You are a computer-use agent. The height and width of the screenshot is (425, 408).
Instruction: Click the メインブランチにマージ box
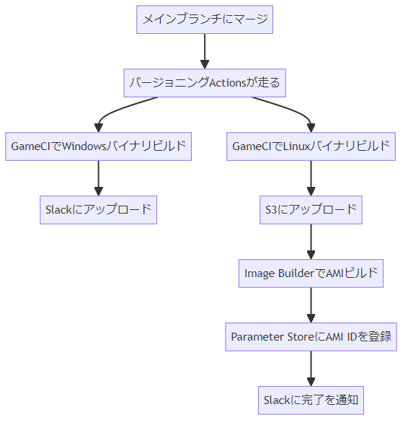point(205,19)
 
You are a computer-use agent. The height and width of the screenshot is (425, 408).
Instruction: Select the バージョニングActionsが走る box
point(205,83)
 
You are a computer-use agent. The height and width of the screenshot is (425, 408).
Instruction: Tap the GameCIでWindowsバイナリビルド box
point(98,146)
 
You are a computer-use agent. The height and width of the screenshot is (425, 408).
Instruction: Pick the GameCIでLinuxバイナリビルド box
point(311,146)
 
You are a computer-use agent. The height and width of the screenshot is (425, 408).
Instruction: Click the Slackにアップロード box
point(98,210)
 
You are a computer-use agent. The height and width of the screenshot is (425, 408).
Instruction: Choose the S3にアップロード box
point(311,210)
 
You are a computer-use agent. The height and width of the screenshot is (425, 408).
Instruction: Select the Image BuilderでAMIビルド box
point(311,273)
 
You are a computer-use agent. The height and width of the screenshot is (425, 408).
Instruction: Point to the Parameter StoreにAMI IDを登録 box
point(311,337)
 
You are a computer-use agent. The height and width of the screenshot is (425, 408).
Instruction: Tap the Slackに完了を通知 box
point(311,400)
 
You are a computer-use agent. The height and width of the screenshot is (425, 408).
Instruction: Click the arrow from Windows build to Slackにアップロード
point(98,178)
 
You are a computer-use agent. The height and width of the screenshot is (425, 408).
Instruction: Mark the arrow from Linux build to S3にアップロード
point(311,178)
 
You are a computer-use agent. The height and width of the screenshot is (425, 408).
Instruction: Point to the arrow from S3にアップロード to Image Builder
point(311,242)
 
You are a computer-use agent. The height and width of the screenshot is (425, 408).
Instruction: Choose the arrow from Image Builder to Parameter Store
point(311,305)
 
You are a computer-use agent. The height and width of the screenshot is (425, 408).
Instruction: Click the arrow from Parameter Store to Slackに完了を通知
point(311,369)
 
